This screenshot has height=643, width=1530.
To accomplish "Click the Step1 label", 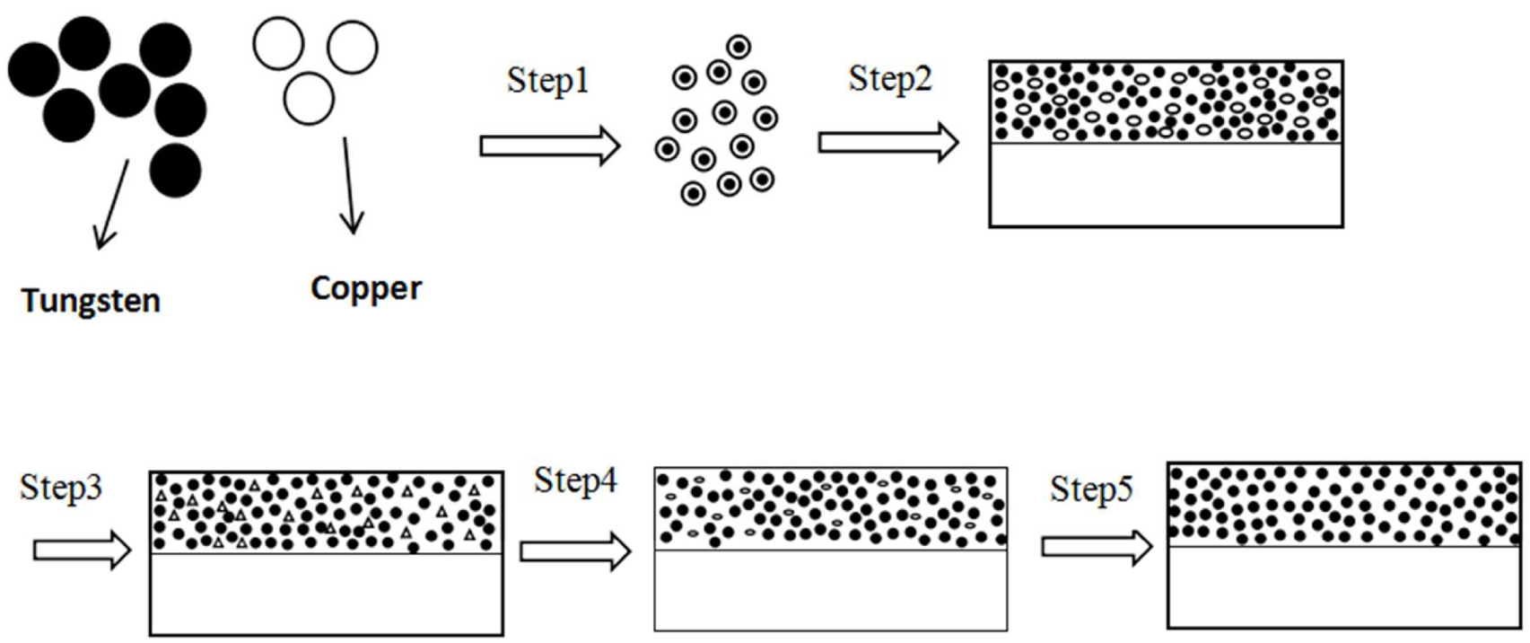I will tap(548, 81).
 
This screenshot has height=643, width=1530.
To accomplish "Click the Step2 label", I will tap(890, 79).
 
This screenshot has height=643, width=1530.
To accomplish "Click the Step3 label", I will tap(61, 488).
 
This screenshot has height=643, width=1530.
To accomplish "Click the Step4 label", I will tap(575, 480).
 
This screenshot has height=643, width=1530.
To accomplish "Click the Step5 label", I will tap(1091, 489).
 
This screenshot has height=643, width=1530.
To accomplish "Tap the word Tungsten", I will tap(91, 300).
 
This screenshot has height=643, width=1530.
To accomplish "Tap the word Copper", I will tap(365, 288).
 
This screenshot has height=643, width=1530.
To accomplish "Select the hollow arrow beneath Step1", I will tap(549, 145).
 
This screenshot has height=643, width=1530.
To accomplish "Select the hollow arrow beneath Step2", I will tap(887, 143).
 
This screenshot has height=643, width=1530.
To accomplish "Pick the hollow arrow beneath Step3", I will tap(82, 550).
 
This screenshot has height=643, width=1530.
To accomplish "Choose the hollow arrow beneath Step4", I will tap(574, 551).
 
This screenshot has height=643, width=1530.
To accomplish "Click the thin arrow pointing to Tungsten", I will tap(112, 205).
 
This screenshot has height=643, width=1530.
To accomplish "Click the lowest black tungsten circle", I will tap(175, 170).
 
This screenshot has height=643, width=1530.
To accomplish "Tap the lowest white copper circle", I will tap(308, 98).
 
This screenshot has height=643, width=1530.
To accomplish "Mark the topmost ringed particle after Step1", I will tap(739, 47).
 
